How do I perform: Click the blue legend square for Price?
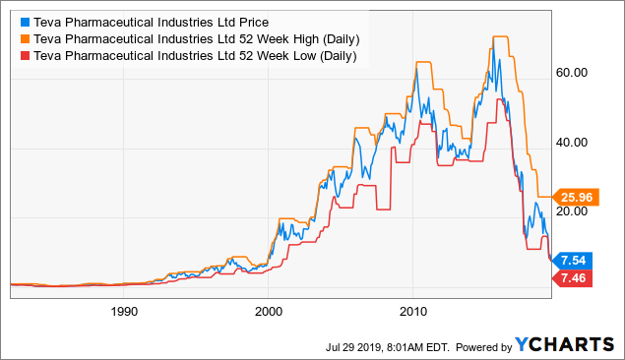point(24,21)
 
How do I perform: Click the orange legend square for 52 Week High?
point(24,38)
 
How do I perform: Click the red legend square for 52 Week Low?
point(24,56)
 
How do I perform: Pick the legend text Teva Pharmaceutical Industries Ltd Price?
point(149,21)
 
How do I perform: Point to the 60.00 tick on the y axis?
point(573,73)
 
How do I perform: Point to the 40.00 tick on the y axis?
point(573,142)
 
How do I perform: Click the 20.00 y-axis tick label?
point(573,210)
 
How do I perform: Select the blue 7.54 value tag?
point(576,260)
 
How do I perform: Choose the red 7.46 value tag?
point(576,279)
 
